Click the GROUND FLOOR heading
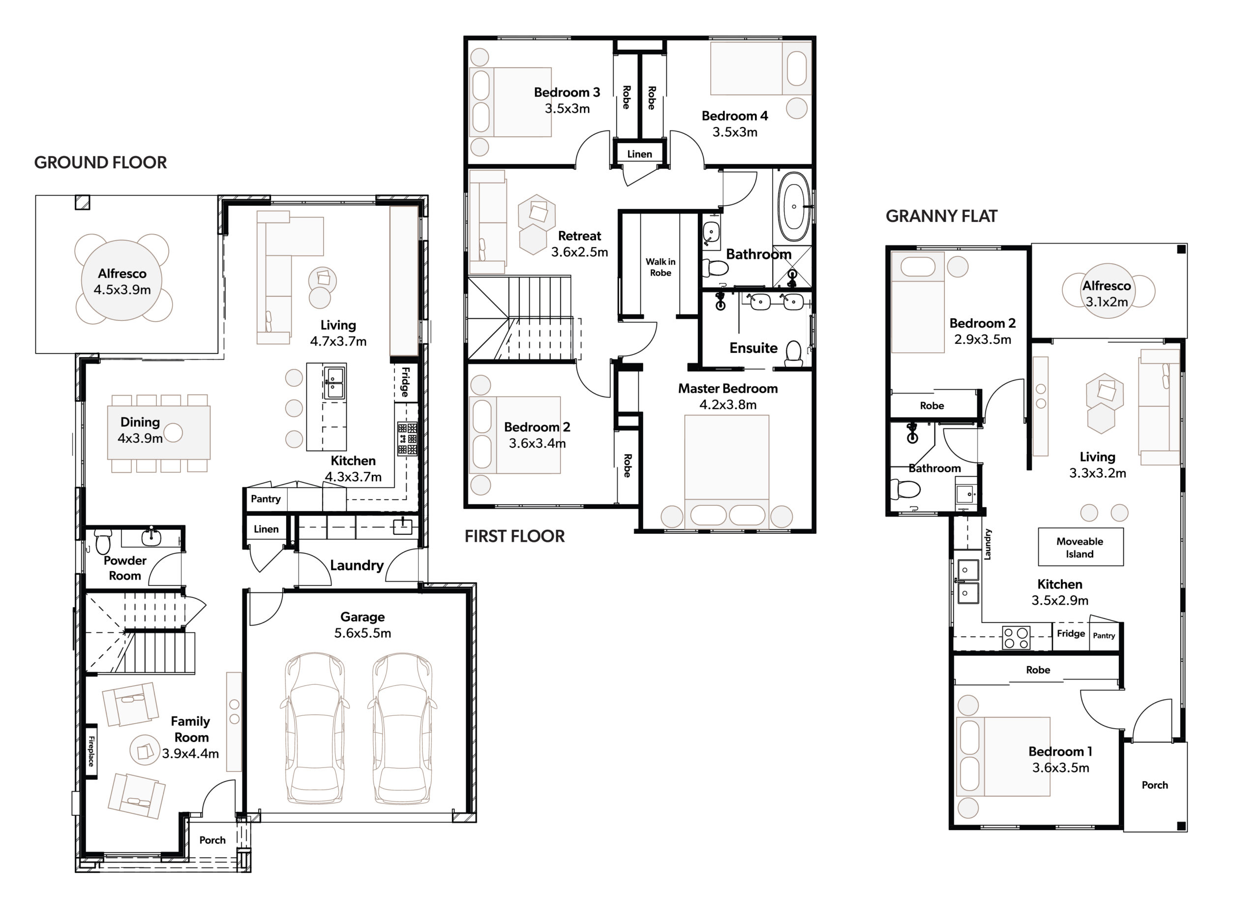pyautogui.click(x=101, y=163)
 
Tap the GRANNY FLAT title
pyautogui.click(x=941, y=216)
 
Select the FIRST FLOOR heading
pyautogui.click(x=514, y=536)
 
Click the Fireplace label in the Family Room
pyautogui.click(x=91, y=751)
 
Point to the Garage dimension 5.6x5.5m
pyautogui.click(x=362, y=633)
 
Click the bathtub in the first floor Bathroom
pyautogui.click(x=794, y=206)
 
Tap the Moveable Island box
pyautogui.click(x=1080, y=547)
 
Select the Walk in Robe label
pyautogui.click(x=660, y=267)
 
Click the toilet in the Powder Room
pyautogui.click(x=103, y=541)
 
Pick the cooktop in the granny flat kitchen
pyautogui.click(x=1016, y=637)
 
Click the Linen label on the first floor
pyautogui.click(x=639, y=154)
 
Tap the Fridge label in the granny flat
pyautogui.click(x=1071, y=634)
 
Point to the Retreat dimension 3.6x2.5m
pyautogui.click(x=579, y=252)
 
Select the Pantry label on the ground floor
pyautogui.click(x=266, y=499)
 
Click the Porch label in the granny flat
pyautogui.click(x=1154, y=785)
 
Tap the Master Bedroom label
pyautogui.click(x=727, y=389)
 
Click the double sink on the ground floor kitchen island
pyautogui.click(x=334, y=383)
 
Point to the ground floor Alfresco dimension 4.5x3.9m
pyautogui.click(x=122, y=290)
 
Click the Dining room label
pyautogui.click(x=140, y=422)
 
